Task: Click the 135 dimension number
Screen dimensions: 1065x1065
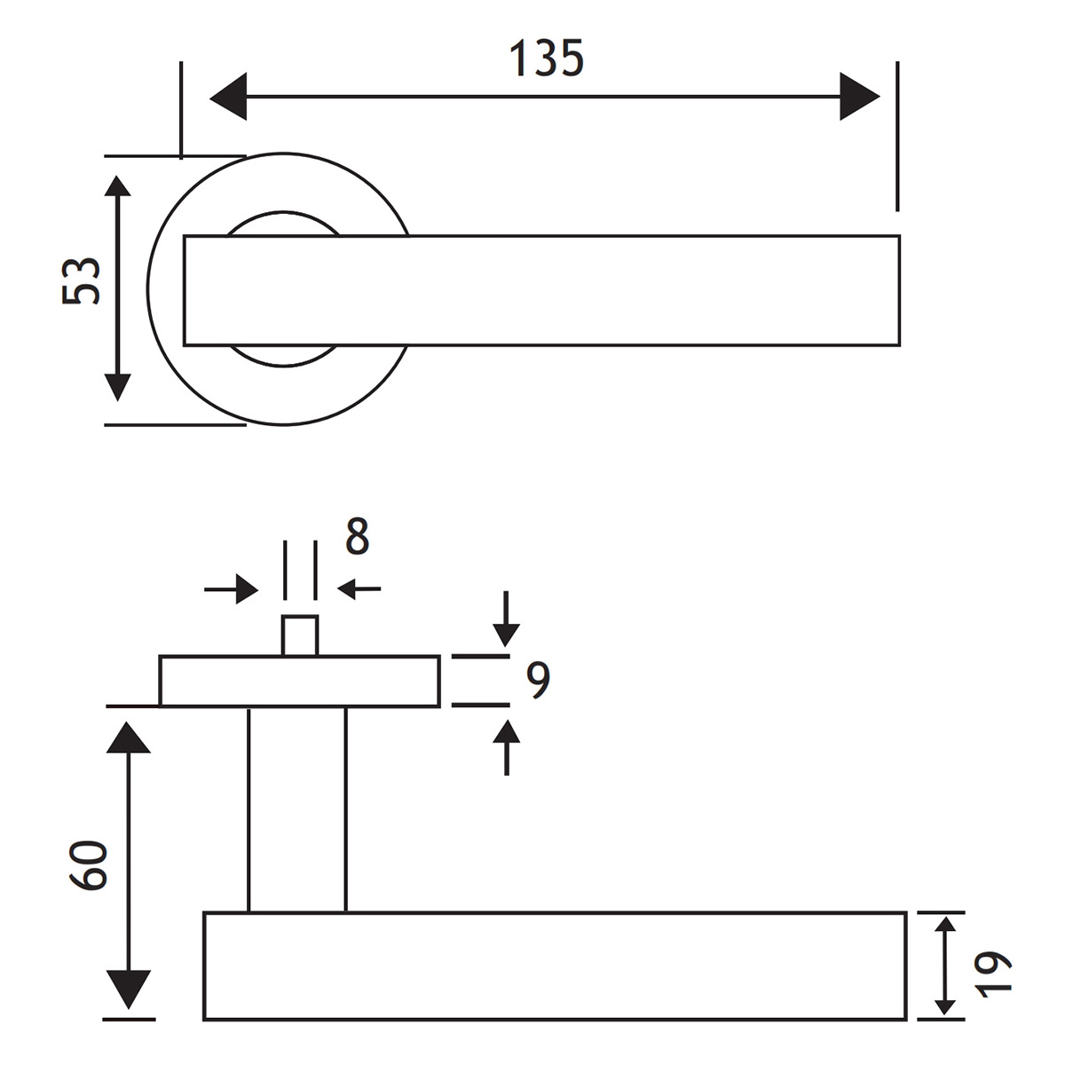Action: (x=546, y=59)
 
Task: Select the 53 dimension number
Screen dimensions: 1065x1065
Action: (x=82, y=281)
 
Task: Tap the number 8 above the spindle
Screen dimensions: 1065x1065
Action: (x=357, y=537)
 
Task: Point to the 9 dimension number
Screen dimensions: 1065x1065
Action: (x=538, y=680)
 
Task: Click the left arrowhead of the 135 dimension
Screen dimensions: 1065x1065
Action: (x=228, y=96)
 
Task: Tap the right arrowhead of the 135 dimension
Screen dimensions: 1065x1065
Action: (x=859, y=96)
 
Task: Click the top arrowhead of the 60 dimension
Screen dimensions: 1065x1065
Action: (x=129, y=738)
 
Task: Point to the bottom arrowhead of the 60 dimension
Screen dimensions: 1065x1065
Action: (x=129, y=990)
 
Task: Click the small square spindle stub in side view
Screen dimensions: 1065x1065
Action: (x=300, y=635)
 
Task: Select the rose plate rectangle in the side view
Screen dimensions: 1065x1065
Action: (x=299, y=682)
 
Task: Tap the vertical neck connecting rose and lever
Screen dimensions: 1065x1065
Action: (x=296, y=809)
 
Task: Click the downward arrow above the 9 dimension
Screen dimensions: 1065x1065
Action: (x=506, y=621)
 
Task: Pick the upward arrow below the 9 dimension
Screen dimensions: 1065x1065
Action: (x=506, y=745)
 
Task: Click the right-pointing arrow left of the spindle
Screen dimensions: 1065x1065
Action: (x=233, y=588)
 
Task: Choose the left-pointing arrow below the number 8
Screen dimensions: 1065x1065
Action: (x=359, y=588)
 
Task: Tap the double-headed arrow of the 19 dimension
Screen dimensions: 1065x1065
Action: (x=945, y=966)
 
